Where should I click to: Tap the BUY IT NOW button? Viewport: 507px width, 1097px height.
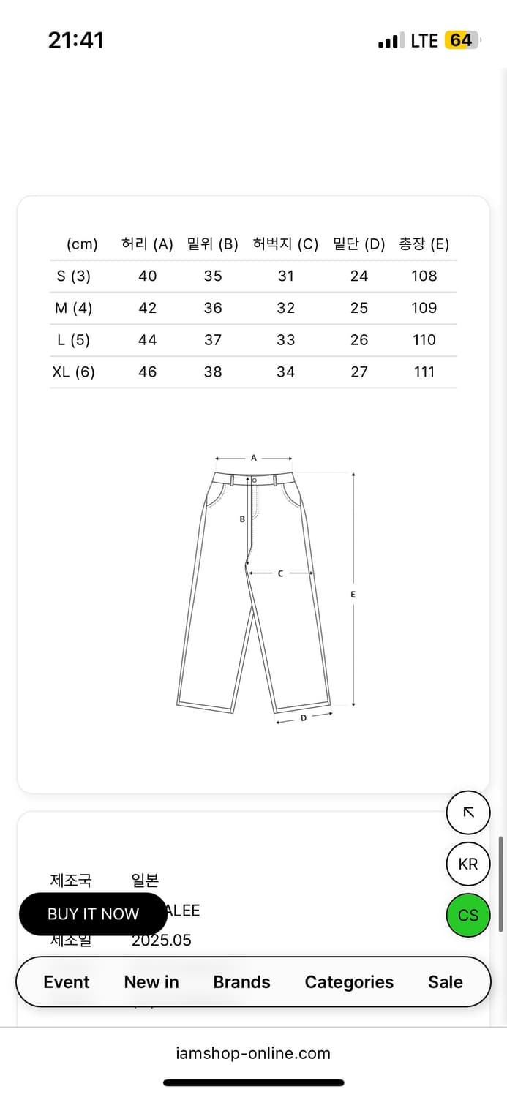point(93,914)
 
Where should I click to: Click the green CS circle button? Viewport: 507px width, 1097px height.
point(468,915)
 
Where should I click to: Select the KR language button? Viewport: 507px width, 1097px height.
point(468,864)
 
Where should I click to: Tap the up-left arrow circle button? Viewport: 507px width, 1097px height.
point(468,813)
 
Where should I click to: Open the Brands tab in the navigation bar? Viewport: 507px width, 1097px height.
point(241,982)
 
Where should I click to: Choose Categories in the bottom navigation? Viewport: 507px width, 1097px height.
point(349,982)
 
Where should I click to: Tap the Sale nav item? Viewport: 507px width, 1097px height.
point(446,982)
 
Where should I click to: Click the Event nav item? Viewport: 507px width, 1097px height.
point(67,982)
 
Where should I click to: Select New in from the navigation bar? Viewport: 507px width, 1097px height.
point(151,982)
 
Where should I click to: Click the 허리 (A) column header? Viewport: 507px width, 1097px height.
point(147,244)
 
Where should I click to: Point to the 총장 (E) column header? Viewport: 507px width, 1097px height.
point(424,244)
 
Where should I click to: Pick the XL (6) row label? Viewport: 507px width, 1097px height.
point(73,372)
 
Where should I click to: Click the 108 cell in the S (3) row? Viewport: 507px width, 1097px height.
point(424,276)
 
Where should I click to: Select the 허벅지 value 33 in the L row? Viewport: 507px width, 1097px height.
point(285,340)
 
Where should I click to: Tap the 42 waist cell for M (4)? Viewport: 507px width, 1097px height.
point(147,308)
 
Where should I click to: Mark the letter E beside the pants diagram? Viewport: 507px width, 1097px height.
point(353,595)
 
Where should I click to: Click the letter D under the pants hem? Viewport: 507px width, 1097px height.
point(304,718)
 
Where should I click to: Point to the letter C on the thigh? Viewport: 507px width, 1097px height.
point(280,574)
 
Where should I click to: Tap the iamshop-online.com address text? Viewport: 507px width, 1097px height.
point(253,1053)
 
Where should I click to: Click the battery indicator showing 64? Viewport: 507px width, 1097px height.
point(461,40)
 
